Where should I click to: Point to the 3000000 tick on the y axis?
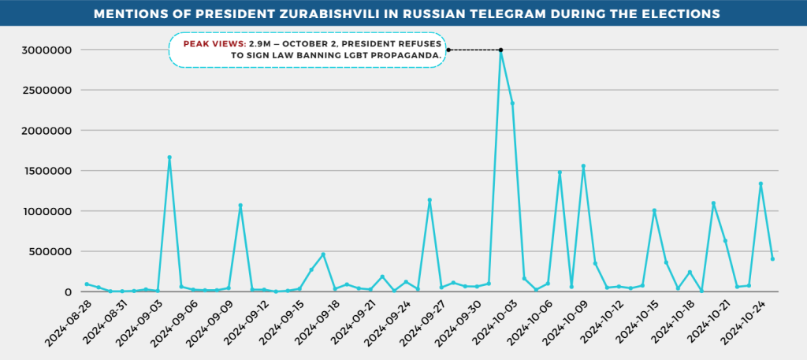pos(46,50)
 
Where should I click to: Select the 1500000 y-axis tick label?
pos(46,171)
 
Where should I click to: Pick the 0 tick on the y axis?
pos(69,292)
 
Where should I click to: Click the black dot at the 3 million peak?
pos(500,50)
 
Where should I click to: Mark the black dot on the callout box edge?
pos(448,50)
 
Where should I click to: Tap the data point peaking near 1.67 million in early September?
pos(169,158)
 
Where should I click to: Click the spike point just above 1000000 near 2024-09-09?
pos(240,206)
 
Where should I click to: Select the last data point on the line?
pos(772,259)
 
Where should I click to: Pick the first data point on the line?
pos(87,284)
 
